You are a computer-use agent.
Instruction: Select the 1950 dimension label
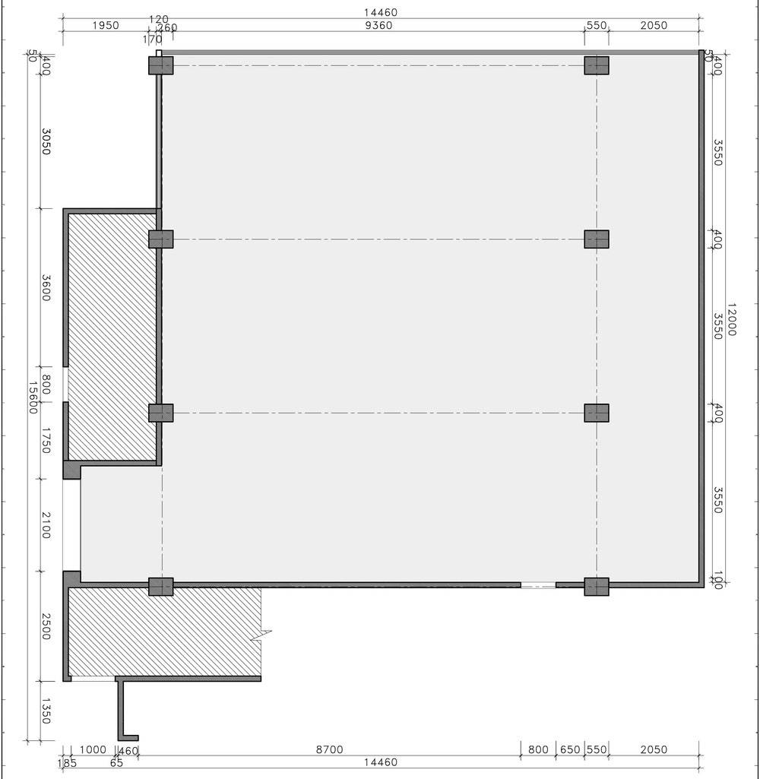point(105,25)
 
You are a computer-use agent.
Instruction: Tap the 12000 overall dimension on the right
point(731,320)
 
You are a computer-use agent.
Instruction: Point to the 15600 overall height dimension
point(33,397)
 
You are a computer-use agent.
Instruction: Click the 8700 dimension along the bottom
point(329,749)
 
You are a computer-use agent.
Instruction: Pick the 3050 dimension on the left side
point(46,141)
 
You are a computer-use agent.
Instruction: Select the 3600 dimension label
point(46,288)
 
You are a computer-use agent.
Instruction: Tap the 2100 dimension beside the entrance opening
point(46,525)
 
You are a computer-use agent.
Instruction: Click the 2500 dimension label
point(46,626)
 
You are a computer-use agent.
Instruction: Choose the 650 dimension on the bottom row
point(569,749)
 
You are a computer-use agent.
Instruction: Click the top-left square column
point(161,65)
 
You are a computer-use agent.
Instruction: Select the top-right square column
point(597,65)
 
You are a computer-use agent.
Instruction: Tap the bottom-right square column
point(597,586)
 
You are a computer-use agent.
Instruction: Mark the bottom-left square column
point(161,586)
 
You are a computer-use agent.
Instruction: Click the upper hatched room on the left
point(112,337)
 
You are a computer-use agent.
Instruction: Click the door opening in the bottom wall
point(538,585)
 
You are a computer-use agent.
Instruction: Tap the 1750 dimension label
point(46,442)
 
